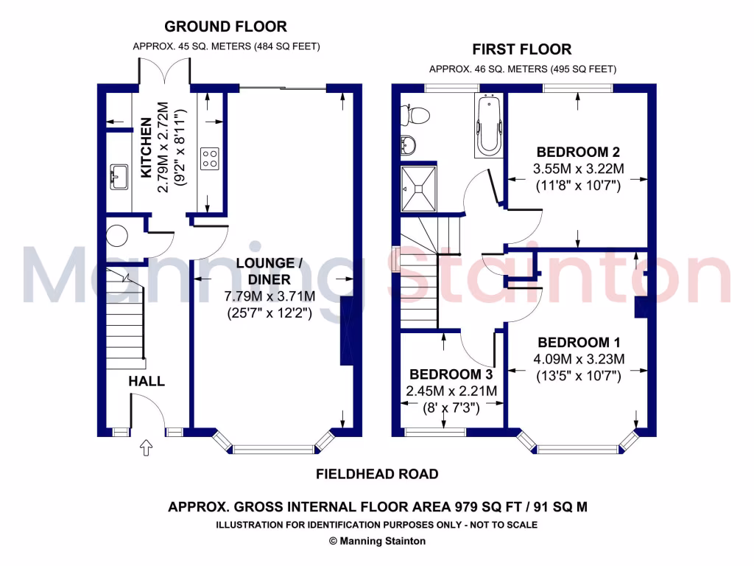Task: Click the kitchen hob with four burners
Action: tap(210, 159)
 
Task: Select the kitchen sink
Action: tap(119, 177)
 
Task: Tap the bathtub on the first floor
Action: tap(489, 125)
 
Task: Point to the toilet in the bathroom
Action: tap(415, 114)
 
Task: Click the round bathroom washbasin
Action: tap(408, 144)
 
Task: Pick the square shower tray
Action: tap(419, 189)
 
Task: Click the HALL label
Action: tap(147, 381)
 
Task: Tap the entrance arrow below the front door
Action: tap(147, 447)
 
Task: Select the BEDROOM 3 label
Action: tap(451, 374)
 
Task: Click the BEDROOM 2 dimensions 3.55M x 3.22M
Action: tap(579, 169)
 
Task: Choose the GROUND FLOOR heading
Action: tap(225, 27)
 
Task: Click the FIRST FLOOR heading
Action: tap(522, 49)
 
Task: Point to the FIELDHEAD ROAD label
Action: tap(377, 474)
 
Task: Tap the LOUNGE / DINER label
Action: tap(269, 271)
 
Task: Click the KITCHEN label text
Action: tap(147, 147)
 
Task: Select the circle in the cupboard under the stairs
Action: tap(116, 236)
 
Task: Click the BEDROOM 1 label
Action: tap(579, 342)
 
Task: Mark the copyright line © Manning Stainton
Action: tap(377, 541)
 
